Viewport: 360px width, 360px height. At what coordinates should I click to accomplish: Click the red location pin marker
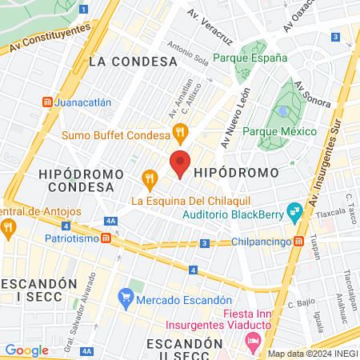pos(181,164)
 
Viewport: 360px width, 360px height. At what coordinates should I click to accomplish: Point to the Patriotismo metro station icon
pos(106,238)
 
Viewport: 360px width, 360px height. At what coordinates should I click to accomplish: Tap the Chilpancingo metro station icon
pos(298,241)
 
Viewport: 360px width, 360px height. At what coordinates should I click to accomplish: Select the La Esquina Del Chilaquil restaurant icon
pos(148,178)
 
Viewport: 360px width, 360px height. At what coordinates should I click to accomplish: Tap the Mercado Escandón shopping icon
pos(125,300)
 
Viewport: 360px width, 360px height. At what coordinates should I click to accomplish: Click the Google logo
pos(26,350)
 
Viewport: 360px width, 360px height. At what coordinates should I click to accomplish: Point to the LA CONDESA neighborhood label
pos(133,61)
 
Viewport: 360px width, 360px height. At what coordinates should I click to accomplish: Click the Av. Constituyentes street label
pos(50,38)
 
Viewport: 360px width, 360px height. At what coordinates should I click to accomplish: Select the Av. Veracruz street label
pos(209,26)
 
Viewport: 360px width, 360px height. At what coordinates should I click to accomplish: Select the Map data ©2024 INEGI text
pos(312,354)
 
